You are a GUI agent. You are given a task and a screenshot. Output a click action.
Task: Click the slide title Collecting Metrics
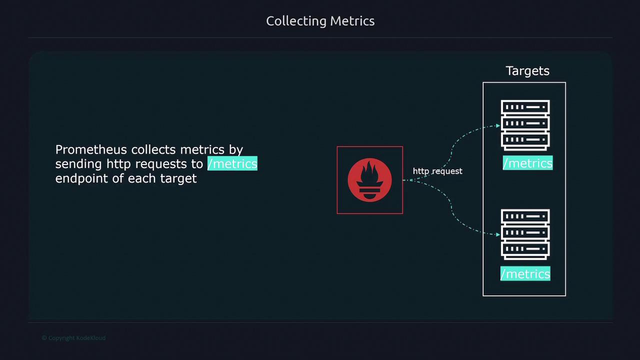point(320,21)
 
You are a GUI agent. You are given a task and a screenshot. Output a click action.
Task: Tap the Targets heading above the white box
point(527,71)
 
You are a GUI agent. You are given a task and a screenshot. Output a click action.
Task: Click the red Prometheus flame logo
point(369,180)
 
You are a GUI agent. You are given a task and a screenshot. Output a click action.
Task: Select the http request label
point(437,171)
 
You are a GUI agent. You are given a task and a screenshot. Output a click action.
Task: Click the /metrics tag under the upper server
point(527,163)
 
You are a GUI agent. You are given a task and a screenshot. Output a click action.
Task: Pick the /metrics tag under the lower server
point(525,273)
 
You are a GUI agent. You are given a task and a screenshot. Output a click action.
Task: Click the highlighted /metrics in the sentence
point(232,163)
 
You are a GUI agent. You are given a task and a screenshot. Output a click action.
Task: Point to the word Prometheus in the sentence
point(91,149)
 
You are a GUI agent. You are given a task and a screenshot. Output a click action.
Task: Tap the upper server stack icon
point(525,125)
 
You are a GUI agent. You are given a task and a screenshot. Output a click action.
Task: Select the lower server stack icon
point(525,234)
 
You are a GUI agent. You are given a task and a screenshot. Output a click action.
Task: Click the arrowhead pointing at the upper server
point(498,125)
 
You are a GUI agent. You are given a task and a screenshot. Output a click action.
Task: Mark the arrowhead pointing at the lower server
point(498,234)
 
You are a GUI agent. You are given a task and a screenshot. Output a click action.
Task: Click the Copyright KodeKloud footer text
point(73,338)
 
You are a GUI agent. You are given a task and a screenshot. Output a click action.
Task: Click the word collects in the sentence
point(153,149)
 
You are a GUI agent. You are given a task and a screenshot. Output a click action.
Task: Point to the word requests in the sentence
point(161,164)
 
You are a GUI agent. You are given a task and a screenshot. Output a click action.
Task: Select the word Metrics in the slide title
point(352,21)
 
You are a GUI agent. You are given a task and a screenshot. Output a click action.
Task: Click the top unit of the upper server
point(525,107)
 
